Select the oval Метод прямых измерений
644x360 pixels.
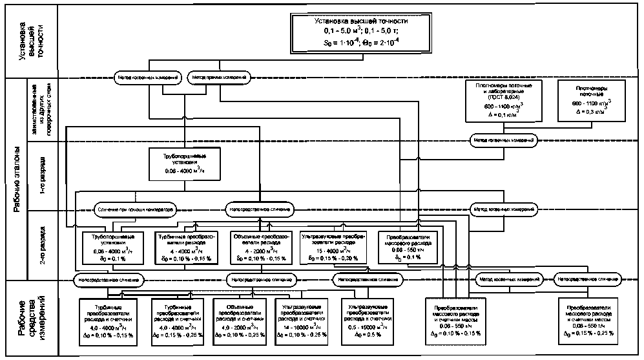[218, 78]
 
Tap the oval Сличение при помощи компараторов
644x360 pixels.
[136, 209]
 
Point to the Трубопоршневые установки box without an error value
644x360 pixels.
[185, 161]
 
